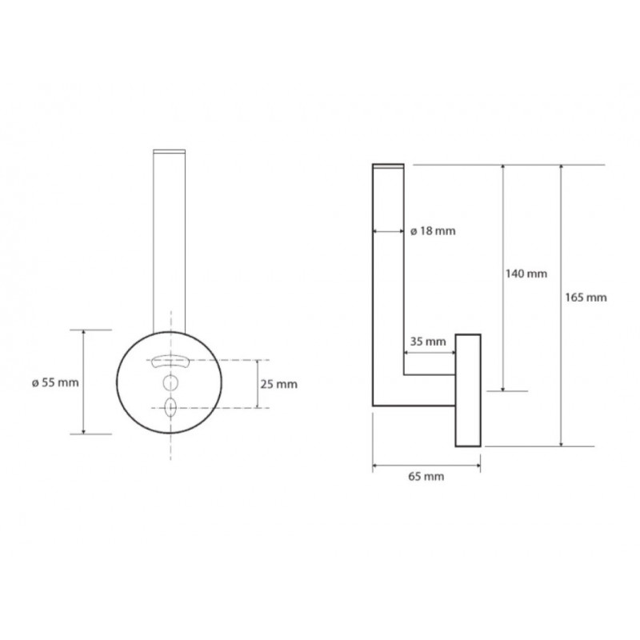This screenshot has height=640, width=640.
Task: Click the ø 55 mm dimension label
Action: pos(55,383)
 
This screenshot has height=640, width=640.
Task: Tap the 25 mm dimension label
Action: pos(278,384)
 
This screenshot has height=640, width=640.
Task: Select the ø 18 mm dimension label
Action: pos(433,231)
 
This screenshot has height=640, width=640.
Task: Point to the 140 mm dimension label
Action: pos(526,274)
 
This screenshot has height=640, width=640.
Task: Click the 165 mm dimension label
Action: pos(586,298)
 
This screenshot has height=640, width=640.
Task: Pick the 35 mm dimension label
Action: pos(428,342)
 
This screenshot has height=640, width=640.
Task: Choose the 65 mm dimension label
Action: pos(426,476)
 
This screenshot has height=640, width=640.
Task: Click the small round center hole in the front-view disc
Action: pos(170,382)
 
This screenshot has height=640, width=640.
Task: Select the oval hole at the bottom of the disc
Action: pos(170,408)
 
